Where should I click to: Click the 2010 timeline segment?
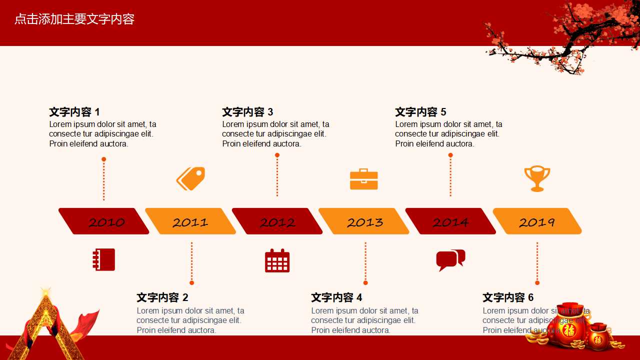[104, 221]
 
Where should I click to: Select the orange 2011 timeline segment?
[190, 221]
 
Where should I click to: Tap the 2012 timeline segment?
[277, 221]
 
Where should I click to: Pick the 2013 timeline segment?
[364, 221]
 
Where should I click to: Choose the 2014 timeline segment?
[450, 221]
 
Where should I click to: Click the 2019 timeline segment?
[537, 221]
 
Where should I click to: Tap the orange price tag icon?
[190, 178]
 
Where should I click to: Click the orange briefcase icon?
[364, 179]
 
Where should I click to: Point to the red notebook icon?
[104, 259]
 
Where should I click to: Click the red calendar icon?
[277, 260]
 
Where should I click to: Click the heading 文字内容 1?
[74, 112]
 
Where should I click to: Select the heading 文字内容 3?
[247, 112]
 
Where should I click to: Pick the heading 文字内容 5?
[420, 112]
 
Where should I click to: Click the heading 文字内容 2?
[162, 298]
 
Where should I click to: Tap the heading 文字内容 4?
[336, 298]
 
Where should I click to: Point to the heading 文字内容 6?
[508, 298]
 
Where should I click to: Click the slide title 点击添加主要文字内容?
[74, 19]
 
